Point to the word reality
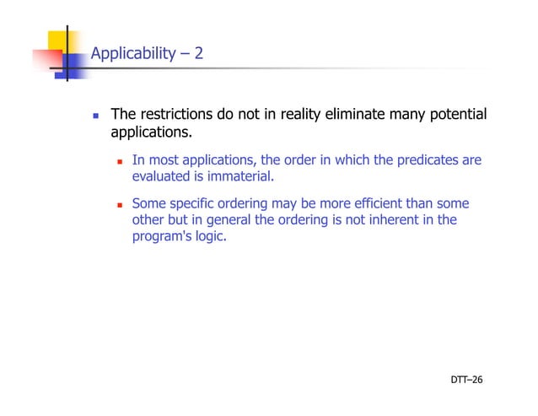(x=299, y=115)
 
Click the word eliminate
(x=355, y=115)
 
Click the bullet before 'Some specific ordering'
(x=121, y=204)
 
